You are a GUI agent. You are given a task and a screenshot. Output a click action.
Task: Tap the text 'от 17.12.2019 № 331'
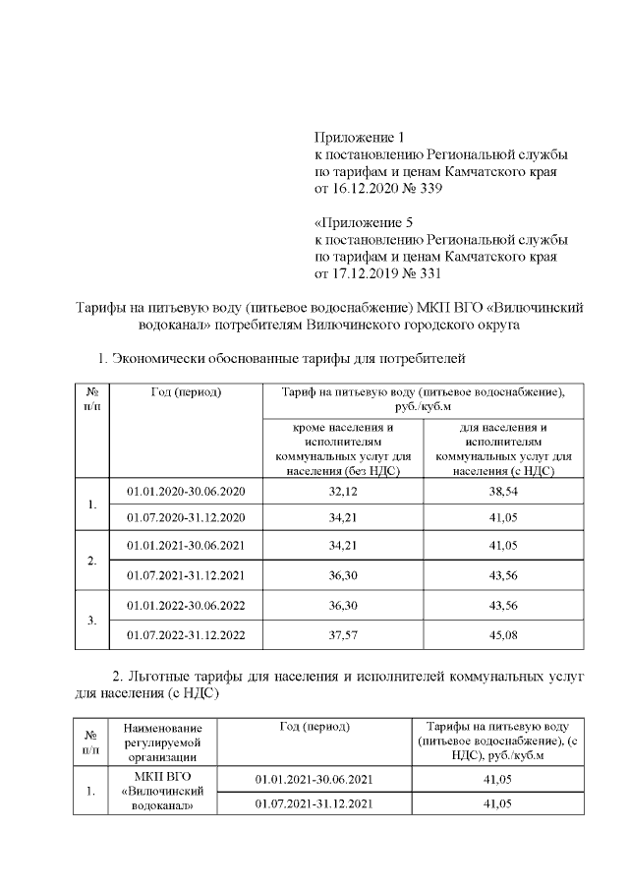point(378,275)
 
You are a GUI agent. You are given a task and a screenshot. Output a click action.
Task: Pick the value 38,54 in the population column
point(503,491)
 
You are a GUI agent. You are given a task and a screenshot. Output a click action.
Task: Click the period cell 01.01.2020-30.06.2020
point(186,491)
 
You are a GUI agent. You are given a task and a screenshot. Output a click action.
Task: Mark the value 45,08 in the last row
point(503,634)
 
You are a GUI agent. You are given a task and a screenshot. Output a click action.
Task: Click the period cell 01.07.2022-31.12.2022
point(186,634)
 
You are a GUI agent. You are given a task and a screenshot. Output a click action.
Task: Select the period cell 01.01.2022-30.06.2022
point(186,606)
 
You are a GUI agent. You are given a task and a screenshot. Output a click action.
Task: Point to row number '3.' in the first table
point(91,621)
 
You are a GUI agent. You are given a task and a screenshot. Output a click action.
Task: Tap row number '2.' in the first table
point(91,561)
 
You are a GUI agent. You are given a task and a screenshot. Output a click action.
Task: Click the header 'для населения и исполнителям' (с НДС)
point(503,449)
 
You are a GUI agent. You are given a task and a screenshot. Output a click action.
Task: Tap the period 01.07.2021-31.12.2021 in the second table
point(314,804)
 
